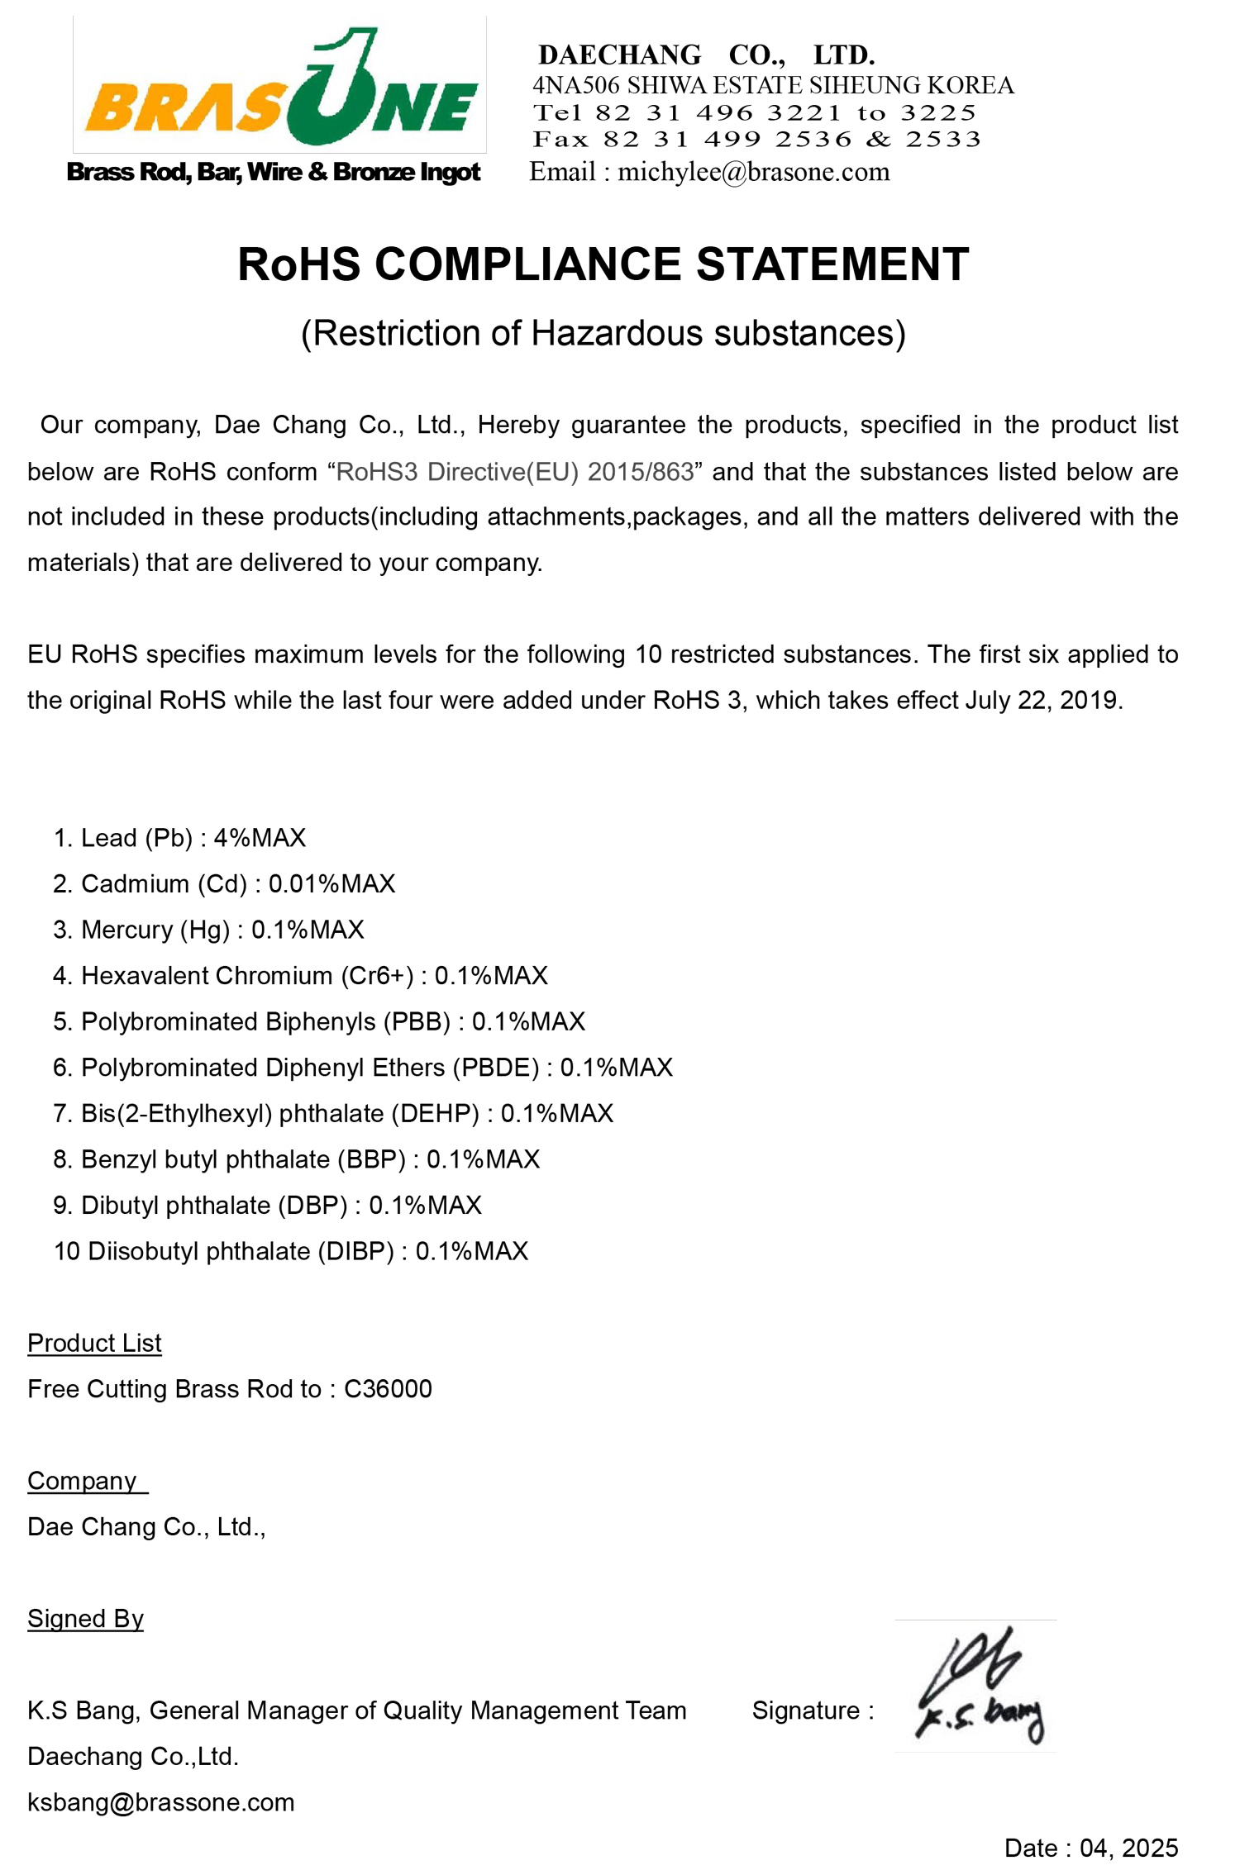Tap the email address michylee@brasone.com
[x=753, y=172]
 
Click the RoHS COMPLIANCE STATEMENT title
[x=603, y=264]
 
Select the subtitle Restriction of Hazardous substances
[x=603, y=333]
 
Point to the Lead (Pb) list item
[x=179, y=838]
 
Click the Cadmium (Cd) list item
[x=224, y=884]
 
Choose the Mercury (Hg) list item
[x=208, y=930]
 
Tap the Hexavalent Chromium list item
[x=300, y=976]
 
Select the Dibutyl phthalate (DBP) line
[x=267, y=1206]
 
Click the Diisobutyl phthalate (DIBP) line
[x=290, y=1251]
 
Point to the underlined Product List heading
[x=94, y=1343]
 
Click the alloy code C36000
[x=388, y=1389]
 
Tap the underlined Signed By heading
[x=85, y=1618]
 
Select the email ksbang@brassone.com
[x=161, y=1802]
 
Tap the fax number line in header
[x=756, y=139]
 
